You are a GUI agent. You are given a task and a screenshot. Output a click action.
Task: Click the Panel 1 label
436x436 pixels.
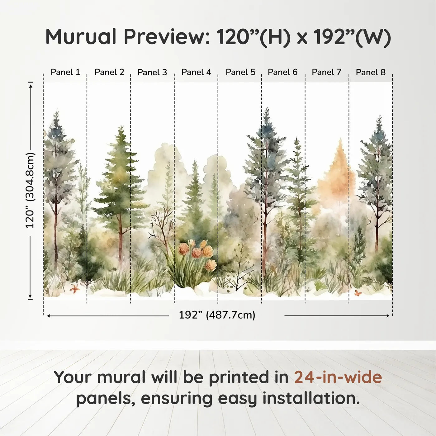[x=65, y=72]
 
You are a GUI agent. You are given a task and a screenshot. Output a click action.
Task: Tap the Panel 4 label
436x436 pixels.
[x=196, y=72]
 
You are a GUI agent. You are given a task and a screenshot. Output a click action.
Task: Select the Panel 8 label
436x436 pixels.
[x=371, y=72]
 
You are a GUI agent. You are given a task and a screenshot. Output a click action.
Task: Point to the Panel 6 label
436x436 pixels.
[x=282, y=72]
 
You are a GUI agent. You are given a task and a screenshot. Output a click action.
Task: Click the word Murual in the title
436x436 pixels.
[x=81, y=37]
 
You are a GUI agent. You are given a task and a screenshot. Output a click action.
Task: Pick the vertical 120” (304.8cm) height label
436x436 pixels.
[x=30, y=190]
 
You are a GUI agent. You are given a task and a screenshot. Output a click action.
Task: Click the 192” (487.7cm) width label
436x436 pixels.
[x=217, y=315]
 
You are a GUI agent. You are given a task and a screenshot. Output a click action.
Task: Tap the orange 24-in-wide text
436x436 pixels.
[x=338, y=377]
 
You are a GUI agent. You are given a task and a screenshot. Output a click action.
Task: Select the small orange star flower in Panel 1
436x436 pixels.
[x=74, y=289]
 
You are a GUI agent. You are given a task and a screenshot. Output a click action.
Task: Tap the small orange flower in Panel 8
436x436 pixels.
[x=358, y=293]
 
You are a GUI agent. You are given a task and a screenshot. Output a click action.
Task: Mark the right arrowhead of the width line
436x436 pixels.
[x=387, y=316]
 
